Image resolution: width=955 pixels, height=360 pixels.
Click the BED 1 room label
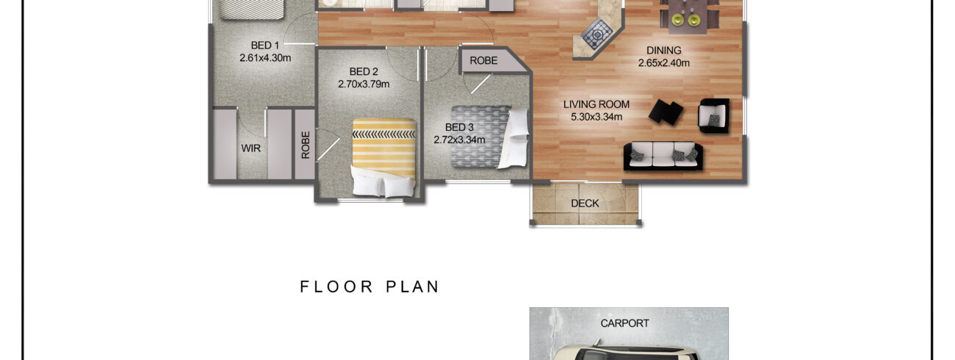pos(264,46)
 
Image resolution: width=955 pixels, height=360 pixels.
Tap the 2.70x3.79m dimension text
pos(364,84)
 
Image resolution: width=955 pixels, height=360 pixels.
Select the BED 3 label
pos(459,127)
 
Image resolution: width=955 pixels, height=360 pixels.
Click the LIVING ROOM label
pos(596,104)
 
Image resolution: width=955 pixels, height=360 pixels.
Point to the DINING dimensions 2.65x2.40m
pos(663,62)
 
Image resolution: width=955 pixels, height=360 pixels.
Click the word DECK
pos(585,204)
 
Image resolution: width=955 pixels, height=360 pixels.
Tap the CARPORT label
pos(624,323)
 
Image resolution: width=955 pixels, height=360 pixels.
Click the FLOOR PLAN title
pos(370,287)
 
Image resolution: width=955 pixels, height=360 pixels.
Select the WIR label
pos(251,148)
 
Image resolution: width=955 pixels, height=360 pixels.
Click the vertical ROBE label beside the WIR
pos(306,145)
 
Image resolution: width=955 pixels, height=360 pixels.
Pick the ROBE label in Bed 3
pos(483,60)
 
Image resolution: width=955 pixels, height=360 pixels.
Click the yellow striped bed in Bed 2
pos(383,158)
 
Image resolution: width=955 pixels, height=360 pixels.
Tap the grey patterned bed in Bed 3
pos(489,137)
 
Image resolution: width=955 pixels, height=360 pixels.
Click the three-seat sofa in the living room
pos(663,156)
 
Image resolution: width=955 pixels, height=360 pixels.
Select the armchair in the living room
pos(713,115)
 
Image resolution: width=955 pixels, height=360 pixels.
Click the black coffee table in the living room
pos(666,112)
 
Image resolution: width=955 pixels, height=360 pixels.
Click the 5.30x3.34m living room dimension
pos(596,117)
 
